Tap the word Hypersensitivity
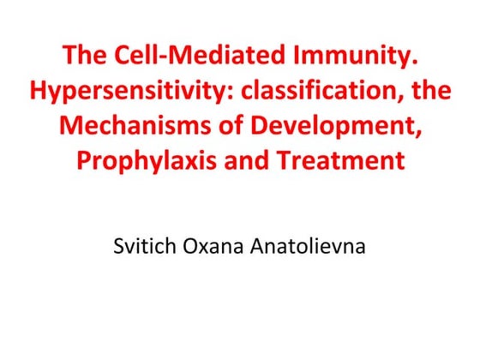[123, 92]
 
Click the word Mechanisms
[143, 126]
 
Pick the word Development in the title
[341, 126]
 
